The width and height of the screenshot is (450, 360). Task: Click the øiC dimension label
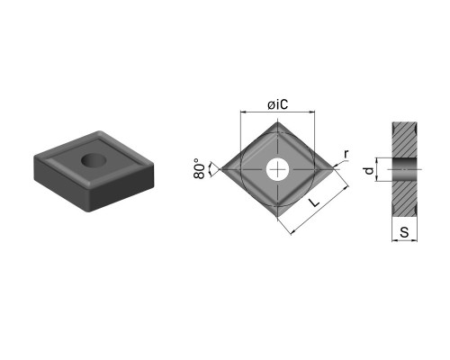coord(278,104)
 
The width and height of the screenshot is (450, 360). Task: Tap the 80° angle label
coord(200,168)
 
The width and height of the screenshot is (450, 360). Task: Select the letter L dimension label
coord(314,202)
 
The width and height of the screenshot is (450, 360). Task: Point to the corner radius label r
coord(346,154)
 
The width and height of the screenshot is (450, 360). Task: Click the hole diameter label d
coord(369,170)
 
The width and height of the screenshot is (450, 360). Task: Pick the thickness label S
coord(405,232)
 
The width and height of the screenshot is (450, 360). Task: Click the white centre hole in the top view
coord(278,169)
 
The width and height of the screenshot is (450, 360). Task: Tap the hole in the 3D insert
coord(94,160)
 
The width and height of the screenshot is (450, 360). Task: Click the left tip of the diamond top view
coord(220,169)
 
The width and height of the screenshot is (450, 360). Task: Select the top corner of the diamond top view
coord(278,121)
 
